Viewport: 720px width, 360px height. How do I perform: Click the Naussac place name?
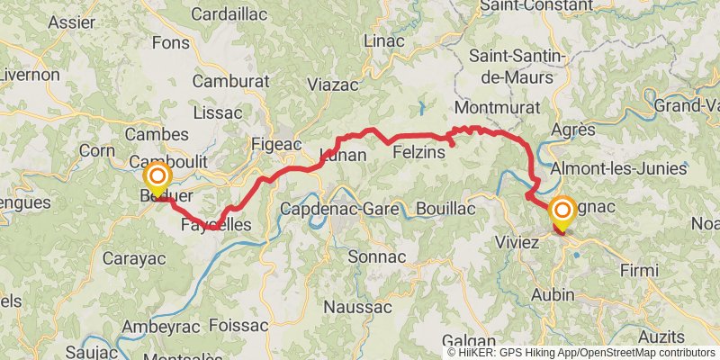[x=356, y=307]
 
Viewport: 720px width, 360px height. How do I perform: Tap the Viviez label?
[x=517, y=242]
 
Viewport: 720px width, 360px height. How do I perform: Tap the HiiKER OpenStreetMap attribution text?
[x=580, y=353]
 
